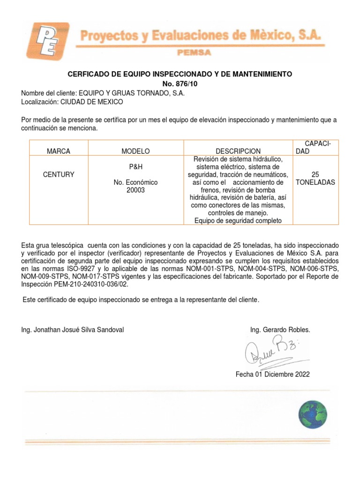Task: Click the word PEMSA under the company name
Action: click(x=194, y=53)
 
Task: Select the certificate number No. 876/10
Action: click(x=180, y=84)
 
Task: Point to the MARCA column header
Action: click(x=59, y=151)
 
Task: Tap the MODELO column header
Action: click(x=135, y=151)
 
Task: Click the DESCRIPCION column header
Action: click(x=238, y=151)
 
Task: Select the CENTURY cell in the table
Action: click(x=59, y=174)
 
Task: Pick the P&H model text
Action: click(x=135, y=167)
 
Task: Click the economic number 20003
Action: click(x=135, y=190)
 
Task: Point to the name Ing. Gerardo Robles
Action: click(x=280, y=330)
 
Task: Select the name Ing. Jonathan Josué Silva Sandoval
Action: click(x=73, y=330)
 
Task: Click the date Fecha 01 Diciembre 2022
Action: click(x=272, y=374)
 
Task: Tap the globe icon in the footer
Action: click(x=313, y=414)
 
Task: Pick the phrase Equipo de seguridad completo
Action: click(x=238, y=221)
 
